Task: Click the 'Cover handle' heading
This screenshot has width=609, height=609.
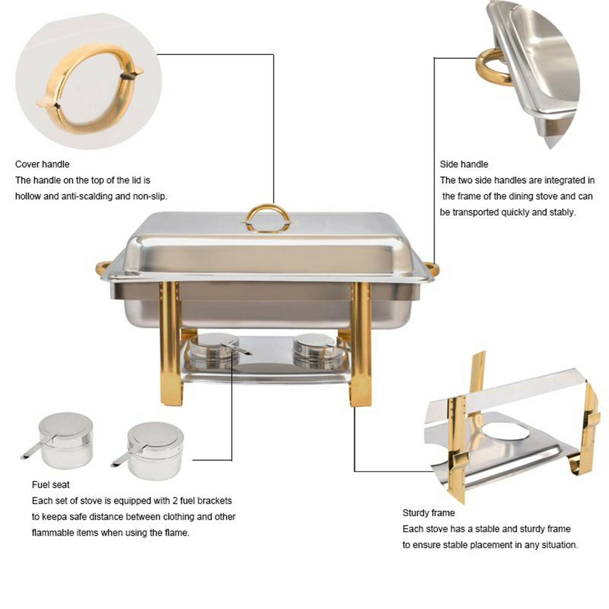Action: point(42,164)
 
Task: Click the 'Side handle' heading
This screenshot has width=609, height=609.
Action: point(464,164)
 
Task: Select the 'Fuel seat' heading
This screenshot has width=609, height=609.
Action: point(51,485)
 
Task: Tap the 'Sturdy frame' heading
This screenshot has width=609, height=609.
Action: point(429,513)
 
